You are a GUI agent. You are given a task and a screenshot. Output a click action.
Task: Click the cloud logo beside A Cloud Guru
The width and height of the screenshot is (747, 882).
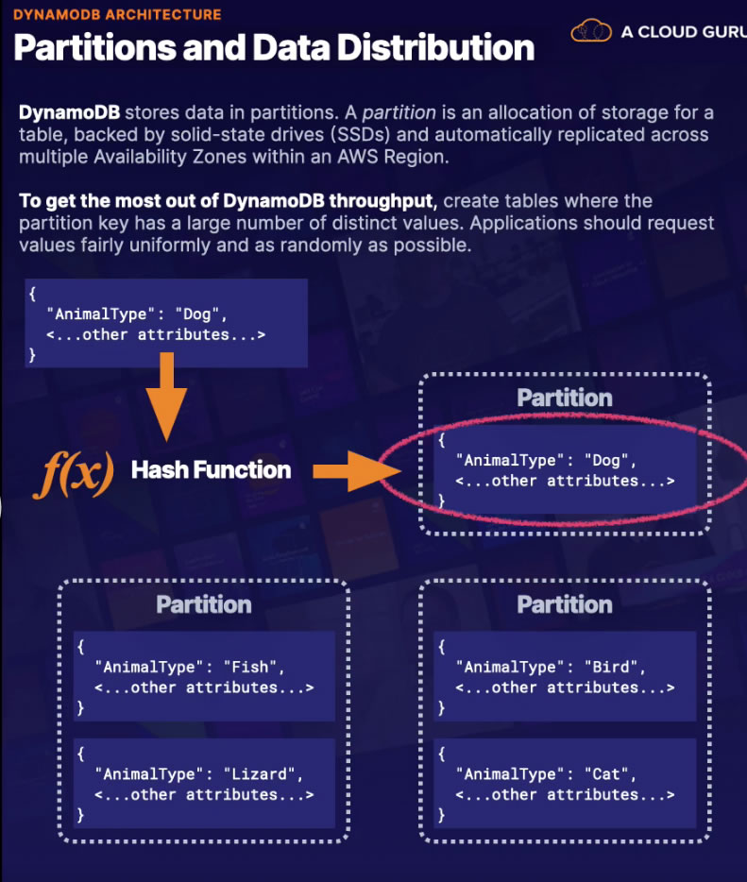590,30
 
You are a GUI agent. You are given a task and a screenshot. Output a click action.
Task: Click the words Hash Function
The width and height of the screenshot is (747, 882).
211,469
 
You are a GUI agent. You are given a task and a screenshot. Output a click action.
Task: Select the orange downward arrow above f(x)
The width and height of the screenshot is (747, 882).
166,397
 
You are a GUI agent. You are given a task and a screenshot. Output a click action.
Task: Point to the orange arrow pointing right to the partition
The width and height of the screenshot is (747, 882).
357,471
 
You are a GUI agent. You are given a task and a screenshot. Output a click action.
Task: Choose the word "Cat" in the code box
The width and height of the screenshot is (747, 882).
605,774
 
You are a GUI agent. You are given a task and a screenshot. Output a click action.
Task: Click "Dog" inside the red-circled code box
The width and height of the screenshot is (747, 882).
605,460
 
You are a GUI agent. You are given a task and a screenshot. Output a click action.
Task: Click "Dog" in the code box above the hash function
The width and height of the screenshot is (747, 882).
196,314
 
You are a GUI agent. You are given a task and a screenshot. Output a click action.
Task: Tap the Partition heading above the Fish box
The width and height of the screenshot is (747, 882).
204,604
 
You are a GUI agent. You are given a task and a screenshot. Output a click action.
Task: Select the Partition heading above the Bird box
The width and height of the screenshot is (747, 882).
565,604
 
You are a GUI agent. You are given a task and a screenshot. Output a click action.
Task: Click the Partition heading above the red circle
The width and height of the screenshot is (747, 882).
565,398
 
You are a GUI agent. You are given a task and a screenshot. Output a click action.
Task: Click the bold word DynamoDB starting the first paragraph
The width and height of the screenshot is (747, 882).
69,112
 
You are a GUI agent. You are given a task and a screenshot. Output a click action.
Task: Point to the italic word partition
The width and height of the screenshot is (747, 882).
399,113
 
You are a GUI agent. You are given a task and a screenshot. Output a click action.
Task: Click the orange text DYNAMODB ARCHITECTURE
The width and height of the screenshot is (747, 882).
117,14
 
